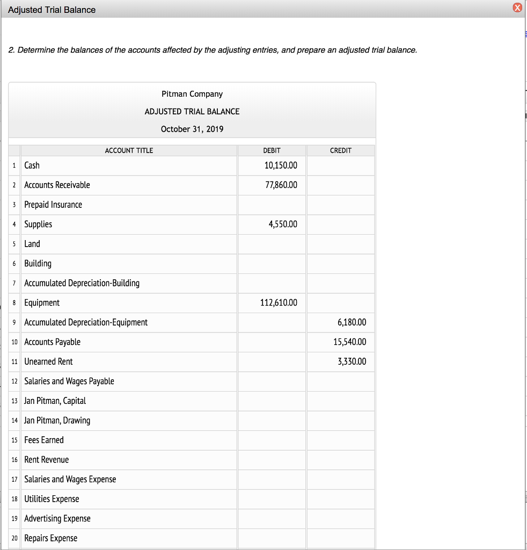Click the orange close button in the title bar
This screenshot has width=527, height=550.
point(517,8)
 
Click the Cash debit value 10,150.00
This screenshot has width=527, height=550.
point(281,165)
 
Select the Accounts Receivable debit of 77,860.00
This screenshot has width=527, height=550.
point(281,185)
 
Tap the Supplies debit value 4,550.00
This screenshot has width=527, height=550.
point(282,225)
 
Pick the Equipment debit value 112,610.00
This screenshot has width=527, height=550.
point(279,303)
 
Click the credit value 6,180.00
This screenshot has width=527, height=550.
point(352,322)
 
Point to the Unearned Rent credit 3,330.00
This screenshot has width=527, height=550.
point(352,361)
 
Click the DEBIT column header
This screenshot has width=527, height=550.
point(272,150)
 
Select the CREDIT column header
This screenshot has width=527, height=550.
point(340,150)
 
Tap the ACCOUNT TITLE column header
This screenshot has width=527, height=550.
point(129,150)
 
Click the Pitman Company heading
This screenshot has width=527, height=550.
point(192,94)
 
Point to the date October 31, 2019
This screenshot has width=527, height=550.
point(192,129)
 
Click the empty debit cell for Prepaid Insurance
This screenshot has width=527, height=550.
point(272,205)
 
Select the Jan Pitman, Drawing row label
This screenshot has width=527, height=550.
point(57,421)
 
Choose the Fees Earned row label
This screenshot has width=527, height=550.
point(44,440)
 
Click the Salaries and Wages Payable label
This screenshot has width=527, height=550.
point(69,381)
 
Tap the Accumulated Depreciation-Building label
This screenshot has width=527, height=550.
point(82,283)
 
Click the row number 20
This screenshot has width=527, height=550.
point(14,538)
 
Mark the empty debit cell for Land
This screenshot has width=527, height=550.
point(272,244)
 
